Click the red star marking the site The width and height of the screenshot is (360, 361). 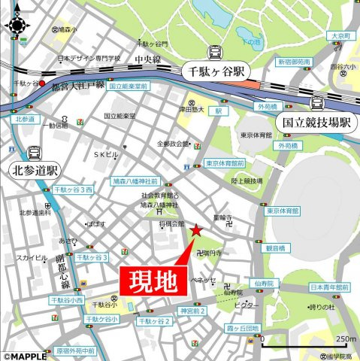[x=196, y=230]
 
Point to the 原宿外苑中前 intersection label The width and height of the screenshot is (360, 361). [x=75, y=350]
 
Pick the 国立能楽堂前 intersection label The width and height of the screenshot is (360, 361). [x=130, y=87]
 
